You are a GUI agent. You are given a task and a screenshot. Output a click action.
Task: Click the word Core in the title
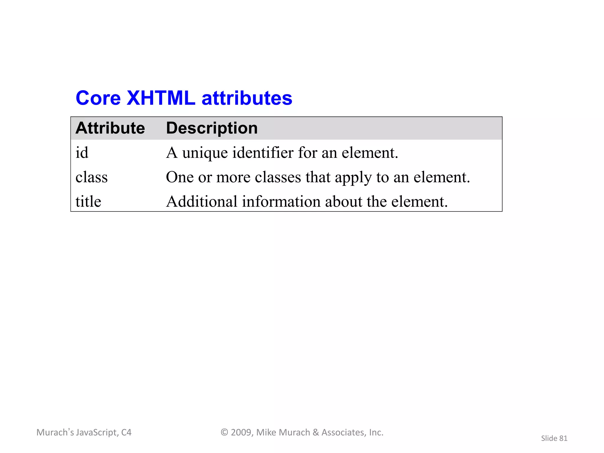pyautogui.click(x=98, y=98)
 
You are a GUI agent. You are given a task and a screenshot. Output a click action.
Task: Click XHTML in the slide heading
pyautogui.click(x=161, y=98)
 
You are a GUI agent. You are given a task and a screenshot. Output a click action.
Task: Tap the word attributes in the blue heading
pyautogui.click(x=247, y=98)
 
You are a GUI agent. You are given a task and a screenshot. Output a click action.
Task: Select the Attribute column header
pyautogui.click(x=110, y=128)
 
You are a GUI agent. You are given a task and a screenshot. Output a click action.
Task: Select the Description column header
pyautogui.click(x=212, y=128)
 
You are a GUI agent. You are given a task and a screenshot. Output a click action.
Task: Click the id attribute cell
pyautogui.click(x=82, y=153)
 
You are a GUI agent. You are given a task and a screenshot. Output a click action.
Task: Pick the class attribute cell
pyautogui.click(x=91, y=177)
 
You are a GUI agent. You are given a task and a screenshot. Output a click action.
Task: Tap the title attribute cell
pyautogui.click(x=88, y=202)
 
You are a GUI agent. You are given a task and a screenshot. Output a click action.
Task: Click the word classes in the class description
pyautogui.click(x=278, y=177)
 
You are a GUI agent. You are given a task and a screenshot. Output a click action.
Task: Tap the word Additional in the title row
pyautogui.click(x=202, y=202)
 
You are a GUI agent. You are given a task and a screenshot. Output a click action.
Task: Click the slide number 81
pyautogui.click(x=563, y=439)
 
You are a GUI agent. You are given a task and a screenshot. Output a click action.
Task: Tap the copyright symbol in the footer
pyautogui.click(x=224, y=432)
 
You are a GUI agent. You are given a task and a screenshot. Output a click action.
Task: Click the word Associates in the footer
pyautogui.click(x=343, y=432)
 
